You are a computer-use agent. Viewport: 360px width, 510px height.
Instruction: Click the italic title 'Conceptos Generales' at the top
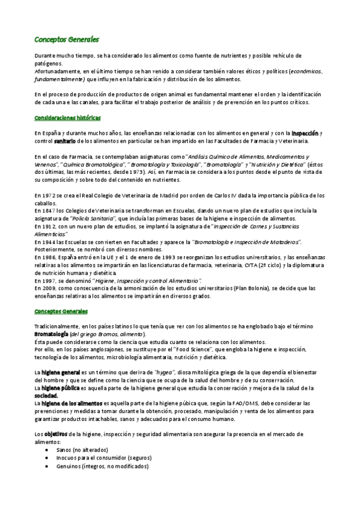click(x=66, y=40)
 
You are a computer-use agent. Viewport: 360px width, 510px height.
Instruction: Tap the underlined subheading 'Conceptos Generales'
click(x=61, y=311)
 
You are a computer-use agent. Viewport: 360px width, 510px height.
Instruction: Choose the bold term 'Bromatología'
click(x=51, y=334)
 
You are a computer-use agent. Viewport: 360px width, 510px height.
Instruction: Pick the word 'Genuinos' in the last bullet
click(x=69, y=465)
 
